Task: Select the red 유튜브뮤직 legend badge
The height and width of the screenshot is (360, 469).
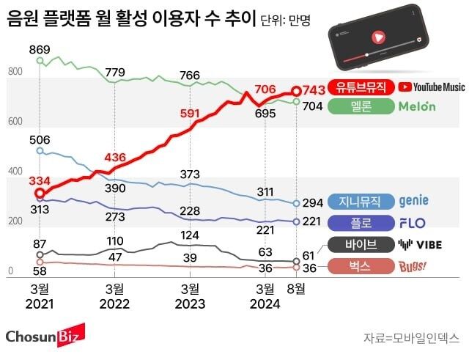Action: (x=362, y=87)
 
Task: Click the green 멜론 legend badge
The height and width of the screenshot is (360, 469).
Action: (x=362, y=106)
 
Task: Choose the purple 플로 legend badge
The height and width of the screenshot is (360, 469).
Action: (x=362, y=222)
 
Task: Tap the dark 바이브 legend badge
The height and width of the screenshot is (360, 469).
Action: (x=362, y=245)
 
